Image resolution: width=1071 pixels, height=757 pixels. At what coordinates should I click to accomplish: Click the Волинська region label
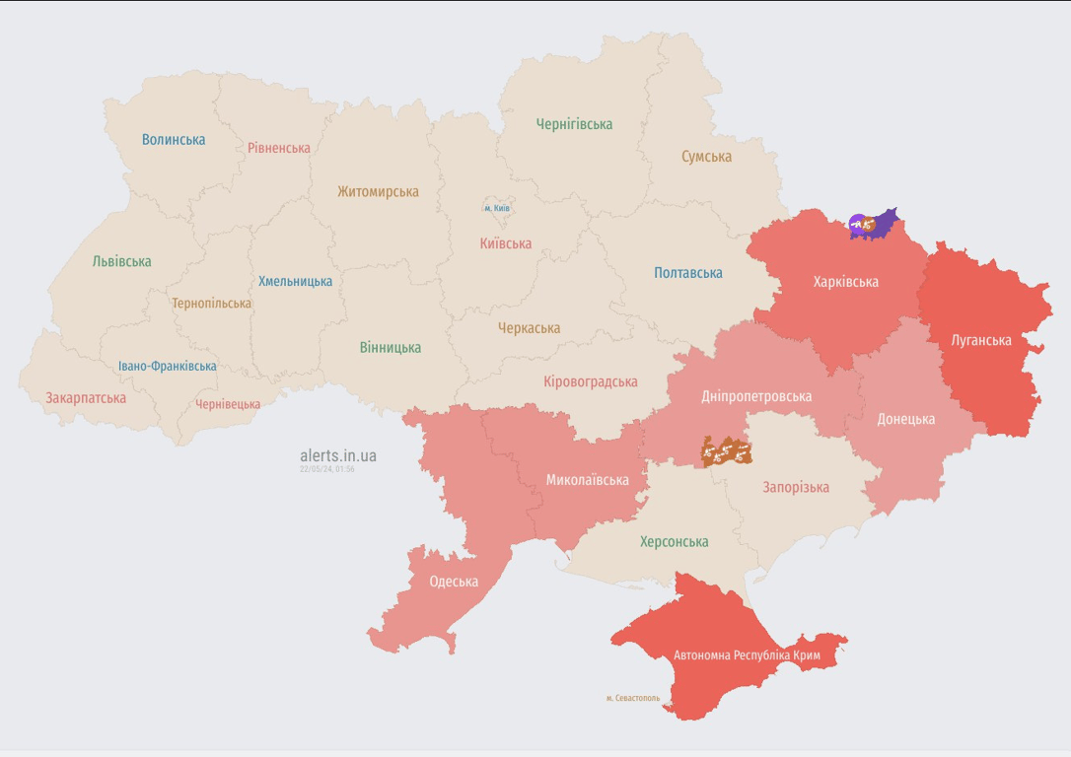coord(174,140)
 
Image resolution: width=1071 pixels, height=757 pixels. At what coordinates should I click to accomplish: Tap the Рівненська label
coord(279,148)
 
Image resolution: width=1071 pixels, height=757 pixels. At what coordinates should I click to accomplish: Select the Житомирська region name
coord(378,192)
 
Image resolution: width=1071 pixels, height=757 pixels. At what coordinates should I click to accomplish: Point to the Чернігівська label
coord(574,124)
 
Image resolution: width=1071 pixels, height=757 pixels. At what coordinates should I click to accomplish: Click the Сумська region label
coord(706,157)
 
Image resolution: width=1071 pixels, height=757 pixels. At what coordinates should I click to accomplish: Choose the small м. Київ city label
coord(497,209)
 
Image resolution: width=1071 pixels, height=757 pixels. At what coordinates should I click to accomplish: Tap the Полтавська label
coord(688,273)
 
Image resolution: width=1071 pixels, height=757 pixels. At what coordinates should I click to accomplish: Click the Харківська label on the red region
coord(845,282)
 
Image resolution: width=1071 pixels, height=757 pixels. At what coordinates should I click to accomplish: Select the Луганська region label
coord(981,340)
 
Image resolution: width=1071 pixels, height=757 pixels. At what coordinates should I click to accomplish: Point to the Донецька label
coord(905,419)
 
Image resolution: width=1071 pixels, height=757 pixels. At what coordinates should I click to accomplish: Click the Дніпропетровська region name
coord(756,396)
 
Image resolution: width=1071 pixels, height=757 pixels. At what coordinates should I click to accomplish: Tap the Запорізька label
coord(796,487)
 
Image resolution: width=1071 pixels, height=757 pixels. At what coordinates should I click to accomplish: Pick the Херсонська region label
coord(674,542)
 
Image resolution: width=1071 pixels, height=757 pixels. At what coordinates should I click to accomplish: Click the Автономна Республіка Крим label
coord(747,655)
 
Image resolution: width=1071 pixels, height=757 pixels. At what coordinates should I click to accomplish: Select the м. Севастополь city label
coord(633,698)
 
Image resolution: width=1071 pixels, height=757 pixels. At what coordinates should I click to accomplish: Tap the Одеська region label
coord(454,582)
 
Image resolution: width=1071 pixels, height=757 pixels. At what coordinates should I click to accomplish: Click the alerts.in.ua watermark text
coord(338,455)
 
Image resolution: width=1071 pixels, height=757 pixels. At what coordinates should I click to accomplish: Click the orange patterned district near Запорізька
coord(726,451)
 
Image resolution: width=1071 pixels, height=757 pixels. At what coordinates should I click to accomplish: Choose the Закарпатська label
coord(86,398)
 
